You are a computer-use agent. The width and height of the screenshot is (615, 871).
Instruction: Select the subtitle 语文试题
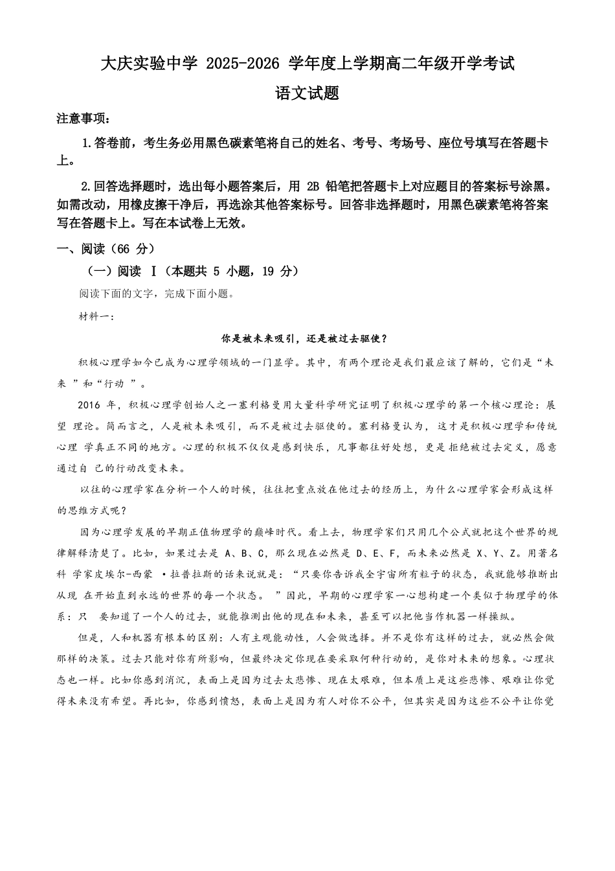coord(307,93)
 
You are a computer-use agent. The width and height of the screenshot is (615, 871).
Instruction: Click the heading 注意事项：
coord(84,119)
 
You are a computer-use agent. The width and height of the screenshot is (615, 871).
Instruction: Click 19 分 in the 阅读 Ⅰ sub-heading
coord(277,272)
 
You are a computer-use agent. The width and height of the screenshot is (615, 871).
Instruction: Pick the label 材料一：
coord(96,316)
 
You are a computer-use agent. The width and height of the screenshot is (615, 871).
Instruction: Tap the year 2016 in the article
coord(89,406)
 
